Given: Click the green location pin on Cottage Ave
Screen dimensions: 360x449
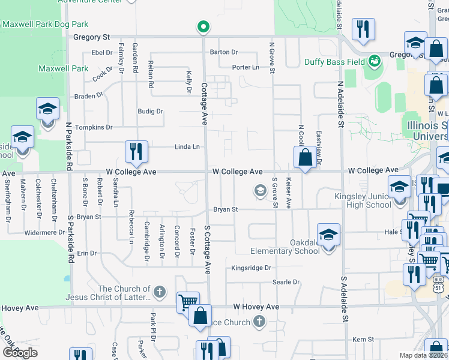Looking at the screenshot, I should (203, 26).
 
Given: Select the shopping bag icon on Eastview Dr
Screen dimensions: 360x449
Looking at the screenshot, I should (305, 158).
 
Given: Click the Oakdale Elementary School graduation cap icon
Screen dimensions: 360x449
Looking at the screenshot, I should (328, 234).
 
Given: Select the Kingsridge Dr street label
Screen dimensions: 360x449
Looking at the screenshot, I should (252, 268).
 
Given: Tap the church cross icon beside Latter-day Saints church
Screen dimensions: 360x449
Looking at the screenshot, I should (159, 292).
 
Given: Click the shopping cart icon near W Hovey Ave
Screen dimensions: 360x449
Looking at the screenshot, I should (188, 302).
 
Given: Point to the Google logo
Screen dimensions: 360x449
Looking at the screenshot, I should (19, 352).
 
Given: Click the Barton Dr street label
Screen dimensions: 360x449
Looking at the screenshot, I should (224, 52).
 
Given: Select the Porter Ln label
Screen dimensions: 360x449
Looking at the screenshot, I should (246, 67).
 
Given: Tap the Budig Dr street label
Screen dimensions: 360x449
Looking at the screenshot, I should (150, 111).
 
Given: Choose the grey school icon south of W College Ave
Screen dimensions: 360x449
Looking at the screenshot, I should (260, 191).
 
